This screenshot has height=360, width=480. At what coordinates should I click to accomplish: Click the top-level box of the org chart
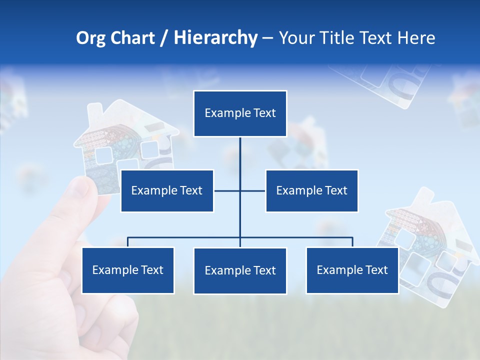240,113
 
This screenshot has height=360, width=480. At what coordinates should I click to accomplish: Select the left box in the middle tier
167,190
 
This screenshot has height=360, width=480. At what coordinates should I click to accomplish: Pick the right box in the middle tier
311,190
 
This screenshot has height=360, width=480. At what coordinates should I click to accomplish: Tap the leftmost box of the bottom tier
128,270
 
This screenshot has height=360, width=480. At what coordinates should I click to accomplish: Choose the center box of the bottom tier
240,270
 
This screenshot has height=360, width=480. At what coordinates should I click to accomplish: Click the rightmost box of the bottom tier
352,270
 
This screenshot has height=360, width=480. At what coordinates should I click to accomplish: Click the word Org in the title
90,38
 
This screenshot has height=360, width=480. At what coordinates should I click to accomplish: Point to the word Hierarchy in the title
215,38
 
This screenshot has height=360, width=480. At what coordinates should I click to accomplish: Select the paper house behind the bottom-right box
430,235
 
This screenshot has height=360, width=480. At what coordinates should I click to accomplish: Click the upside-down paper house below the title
385,82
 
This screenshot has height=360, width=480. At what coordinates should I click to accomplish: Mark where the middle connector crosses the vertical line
240,190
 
